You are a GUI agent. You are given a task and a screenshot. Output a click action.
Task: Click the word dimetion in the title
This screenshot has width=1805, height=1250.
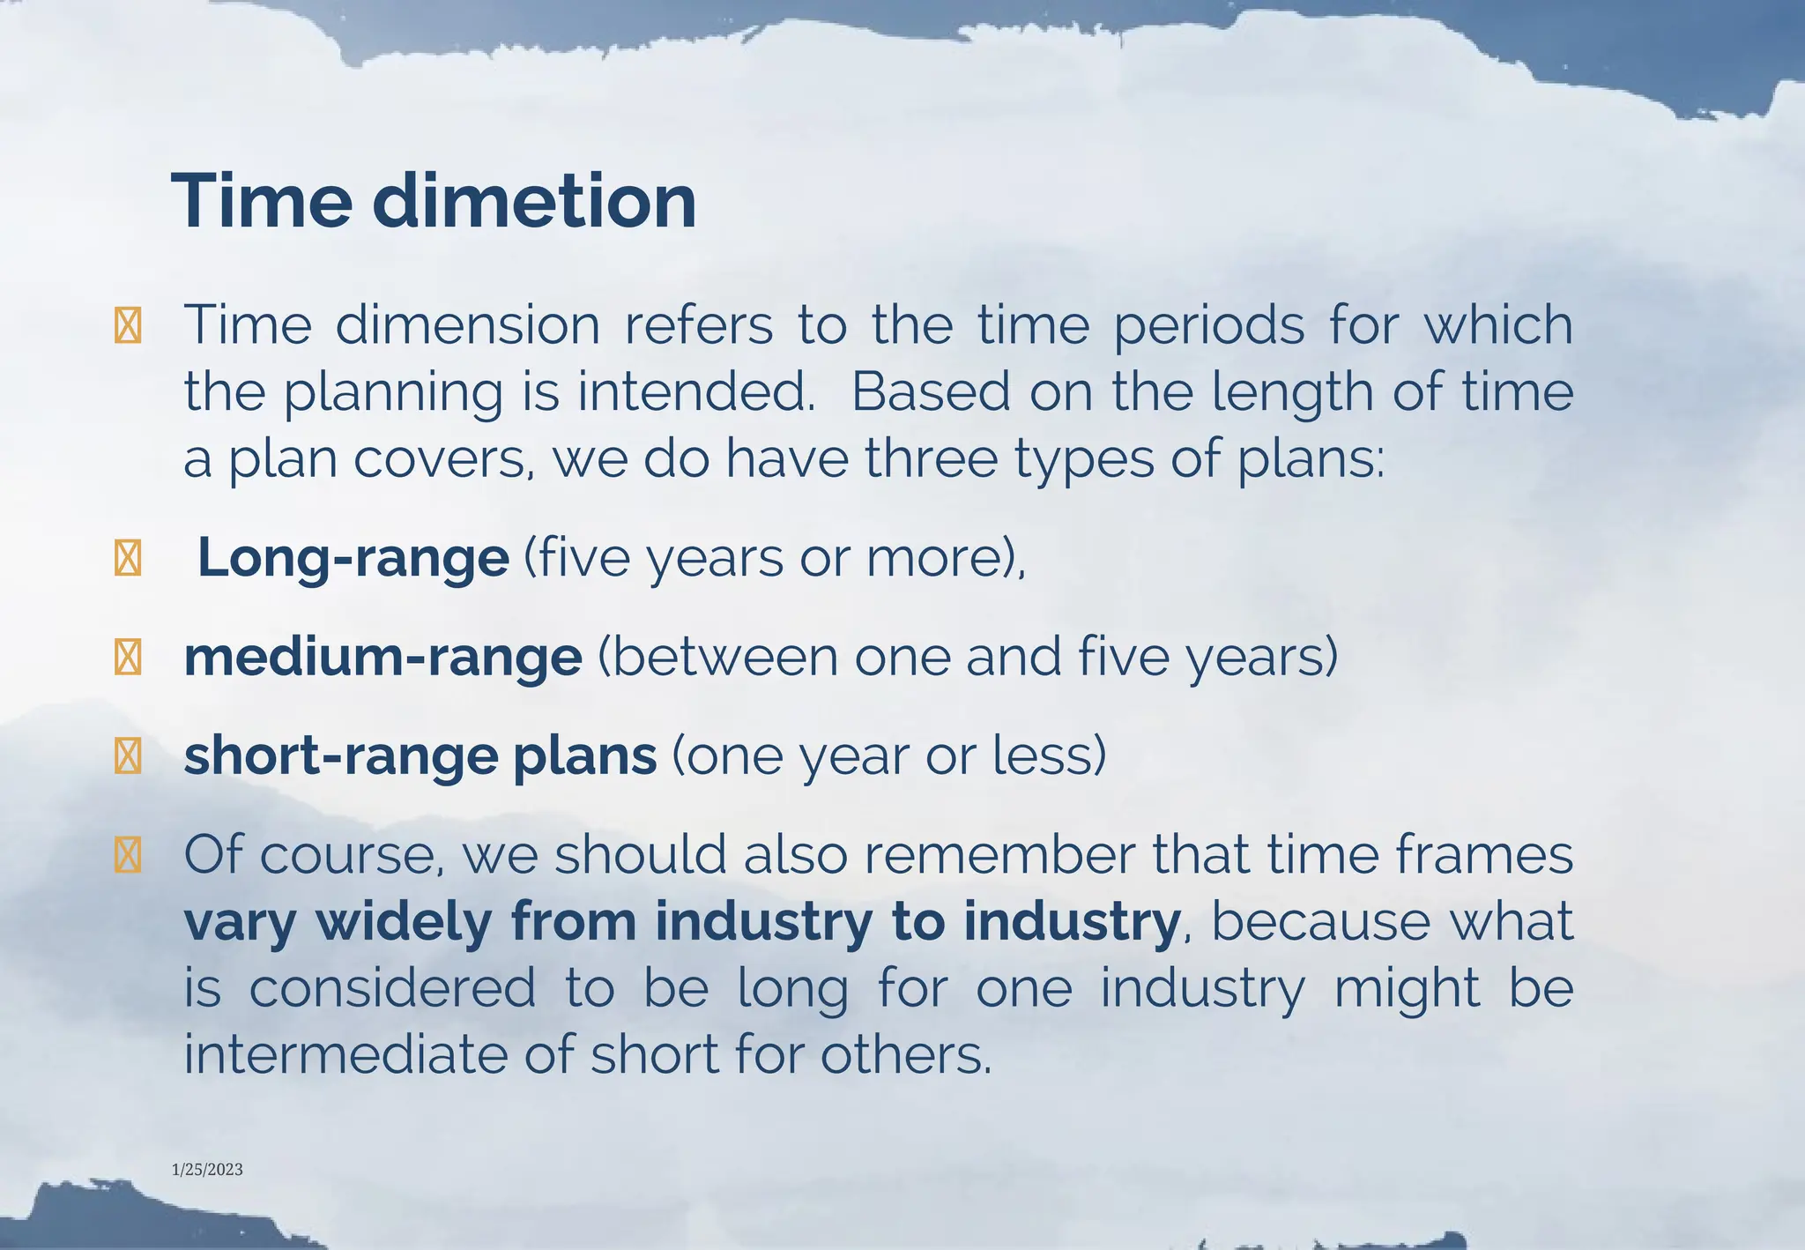click(x=534, y=201)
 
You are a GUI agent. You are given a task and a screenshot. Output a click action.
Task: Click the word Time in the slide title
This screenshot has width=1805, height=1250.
click(x=262, y=201)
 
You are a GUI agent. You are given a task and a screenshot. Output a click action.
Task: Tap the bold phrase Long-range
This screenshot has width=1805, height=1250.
click(x=353, y=558)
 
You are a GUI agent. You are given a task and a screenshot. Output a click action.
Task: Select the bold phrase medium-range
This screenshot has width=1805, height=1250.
click(x=383, y=658)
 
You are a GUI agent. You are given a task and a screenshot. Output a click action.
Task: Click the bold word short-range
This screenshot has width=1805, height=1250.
click(x=341, y=756)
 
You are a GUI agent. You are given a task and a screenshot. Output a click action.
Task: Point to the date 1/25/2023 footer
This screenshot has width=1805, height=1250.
click(x=207, y=1170)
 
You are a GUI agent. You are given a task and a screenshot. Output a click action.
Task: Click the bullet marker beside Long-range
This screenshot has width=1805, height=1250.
click(x=128, y=559)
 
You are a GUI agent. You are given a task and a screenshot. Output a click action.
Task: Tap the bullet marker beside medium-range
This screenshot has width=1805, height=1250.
click(x=128, y=658)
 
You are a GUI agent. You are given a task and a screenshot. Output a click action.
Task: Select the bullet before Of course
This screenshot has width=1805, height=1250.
click(x=128, y=855)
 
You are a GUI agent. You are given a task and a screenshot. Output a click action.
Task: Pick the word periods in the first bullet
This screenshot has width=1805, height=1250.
click(x=1208, y=326)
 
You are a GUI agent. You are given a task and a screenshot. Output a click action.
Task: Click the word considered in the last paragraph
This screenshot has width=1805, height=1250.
click(x=393, y=987)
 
